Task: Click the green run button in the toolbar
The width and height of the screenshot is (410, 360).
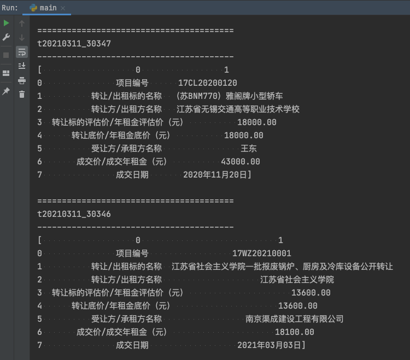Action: click(7, 23)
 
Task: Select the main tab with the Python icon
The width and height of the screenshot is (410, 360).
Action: click(46, 8)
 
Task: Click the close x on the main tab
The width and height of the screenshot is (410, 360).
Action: click(62, 8)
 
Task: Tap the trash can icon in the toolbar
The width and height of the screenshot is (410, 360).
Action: click(22, 95)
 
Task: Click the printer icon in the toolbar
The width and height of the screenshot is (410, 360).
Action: click(22, 80)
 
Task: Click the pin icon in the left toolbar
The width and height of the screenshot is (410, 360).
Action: click(7, 91)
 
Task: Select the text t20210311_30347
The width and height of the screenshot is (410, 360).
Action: click(74, 44)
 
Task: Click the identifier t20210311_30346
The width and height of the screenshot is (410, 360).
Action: click(74, 214)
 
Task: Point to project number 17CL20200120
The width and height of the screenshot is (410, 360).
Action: click(208, 83)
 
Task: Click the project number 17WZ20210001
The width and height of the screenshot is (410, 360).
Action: click(262, 253)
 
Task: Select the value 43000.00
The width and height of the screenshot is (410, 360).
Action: click(241, 162)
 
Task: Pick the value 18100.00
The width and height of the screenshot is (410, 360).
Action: click(295, 332)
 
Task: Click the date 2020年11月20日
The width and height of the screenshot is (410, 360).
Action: click(216, 175)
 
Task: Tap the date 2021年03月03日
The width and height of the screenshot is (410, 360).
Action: click(270, 345)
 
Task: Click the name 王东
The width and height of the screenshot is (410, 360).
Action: click(249, 149)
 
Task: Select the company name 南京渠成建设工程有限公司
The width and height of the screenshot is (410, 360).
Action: click(295, 318)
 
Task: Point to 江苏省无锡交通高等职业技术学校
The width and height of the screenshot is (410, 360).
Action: click(238, 109)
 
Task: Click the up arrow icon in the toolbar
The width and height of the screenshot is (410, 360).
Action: click(22, 23)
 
